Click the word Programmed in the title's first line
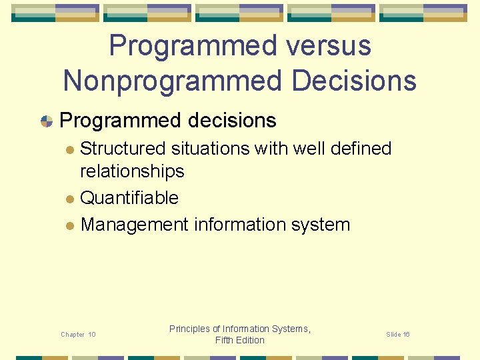[183, 46]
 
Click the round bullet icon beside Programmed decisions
[46, 121]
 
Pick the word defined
[359, 148]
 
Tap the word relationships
[132, 171]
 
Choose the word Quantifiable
[129, 198]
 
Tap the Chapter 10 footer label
[78, 334]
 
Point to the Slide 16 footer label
[398, 334]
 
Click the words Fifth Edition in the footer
[240, 340]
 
